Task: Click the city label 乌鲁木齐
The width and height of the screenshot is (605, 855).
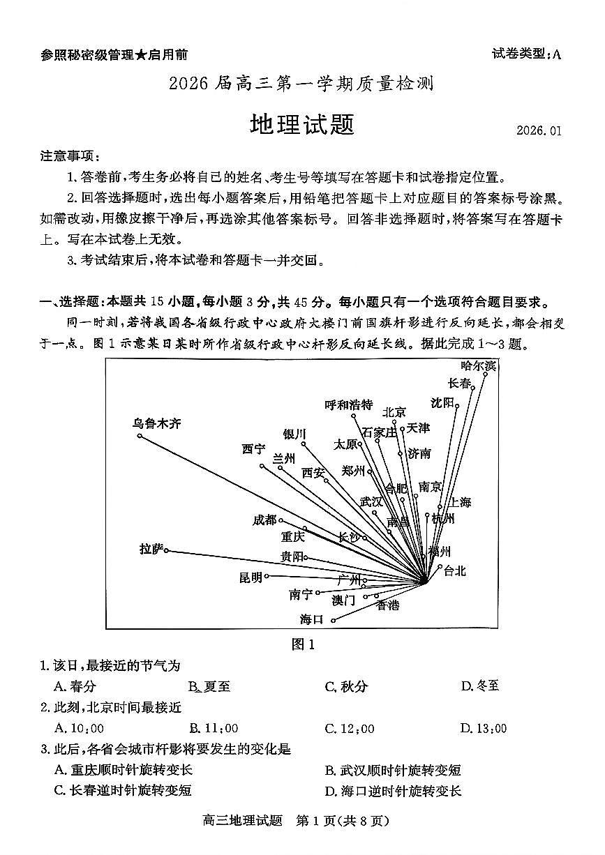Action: pyautogui.click(x=157, y=423)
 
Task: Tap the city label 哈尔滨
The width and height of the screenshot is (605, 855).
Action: pyautogui.click(x=479, y=365)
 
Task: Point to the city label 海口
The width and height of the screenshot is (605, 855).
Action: pyautogui.click(x=311, y=619)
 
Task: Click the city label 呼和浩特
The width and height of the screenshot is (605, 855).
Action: pyautogui.click(x=349, y=405)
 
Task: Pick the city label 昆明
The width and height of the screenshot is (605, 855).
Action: pyautogui.click(x=251, y=577)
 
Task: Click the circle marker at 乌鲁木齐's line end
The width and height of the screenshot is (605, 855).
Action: pyautogui.click(x=140, y=436)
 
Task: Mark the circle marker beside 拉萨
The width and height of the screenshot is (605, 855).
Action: pyautogui.click(x=166, y=551)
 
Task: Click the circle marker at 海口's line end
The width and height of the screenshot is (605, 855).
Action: pyautogui.click(x=334, y=620)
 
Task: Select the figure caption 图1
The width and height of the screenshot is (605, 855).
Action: pyautogui.click(x=303, y=644)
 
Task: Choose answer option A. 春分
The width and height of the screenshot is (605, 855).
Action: pyautogui.click(x=74, y=686)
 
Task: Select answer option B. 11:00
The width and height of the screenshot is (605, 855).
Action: pyautogui.click(x=214, y=729)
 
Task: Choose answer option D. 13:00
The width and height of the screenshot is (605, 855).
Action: pyautogui.click(x=483, y=729)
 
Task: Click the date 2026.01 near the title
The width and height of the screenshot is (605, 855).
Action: pyautogui.click(x=539, y=130)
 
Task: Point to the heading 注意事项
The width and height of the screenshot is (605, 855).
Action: pyautogui.click(x=70, y=155)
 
